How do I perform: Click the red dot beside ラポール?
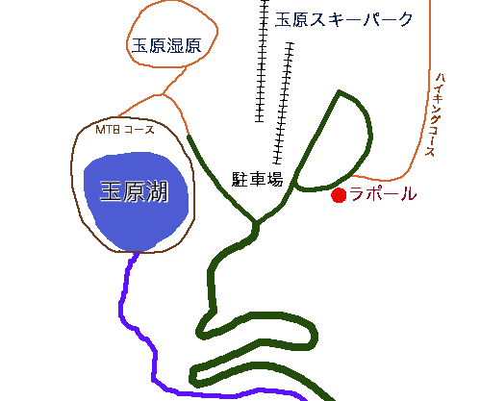pos(339,195)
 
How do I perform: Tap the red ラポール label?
pos(383,194)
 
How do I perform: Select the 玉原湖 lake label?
pos(135,191)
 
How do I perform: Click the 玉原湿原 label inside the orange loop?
pos(166,45)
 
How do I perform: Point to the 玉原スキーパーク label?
pos(343,19)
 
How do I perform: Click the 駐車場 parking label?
pos(258,179)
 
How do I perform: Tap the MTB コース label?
pos(125,130)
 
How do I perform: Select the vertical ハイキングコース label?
pos(435,114)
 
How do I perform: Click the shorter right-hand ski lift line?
pos(284,103)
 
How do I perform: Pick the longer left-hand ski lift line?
pos(262,61)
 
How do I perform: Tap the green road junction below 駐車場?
pos(256,222)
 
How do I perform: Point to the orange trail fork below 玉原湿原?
pos(163,94)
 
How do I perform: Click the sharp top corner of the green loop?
pos(340,92)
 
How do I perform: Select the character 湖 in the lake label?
pos(157,191)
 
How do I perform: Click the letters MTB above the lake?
pos(103,130)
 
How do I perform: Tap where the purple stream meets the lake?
pos(137,253)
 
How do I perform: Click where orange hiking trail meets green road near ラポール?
pos(352,176)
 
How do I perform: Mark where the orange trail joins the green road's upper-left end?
pos(189,136)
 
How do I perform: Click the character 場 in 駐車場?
pos(275,179)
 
